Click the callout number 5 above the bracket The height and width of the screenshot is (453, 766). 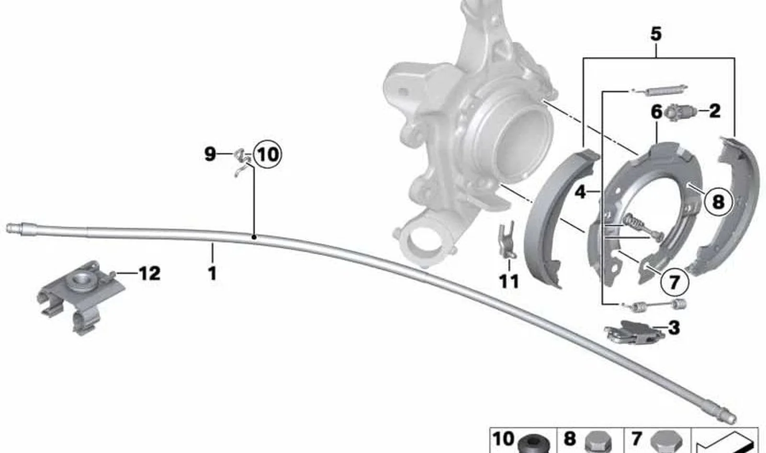pos(656,34)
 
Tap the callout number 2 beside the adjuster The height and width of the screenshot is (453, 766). pos(714,111)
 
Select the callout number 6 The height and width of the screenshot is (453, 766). pos(656,112)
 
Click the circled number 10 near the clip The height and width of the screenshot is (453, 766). pos(268,155)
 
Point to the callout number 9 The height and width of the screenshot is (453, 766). pos(210,154)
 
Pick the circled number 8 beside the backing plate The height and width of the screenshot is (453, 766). pos(718,202)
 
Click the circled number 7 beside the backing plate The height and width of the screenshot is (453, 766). pos(674,282)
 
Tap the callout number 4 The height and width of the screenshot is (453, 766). pos(580,193)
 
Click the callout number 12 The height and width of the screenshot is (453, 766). pos(149,274)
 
